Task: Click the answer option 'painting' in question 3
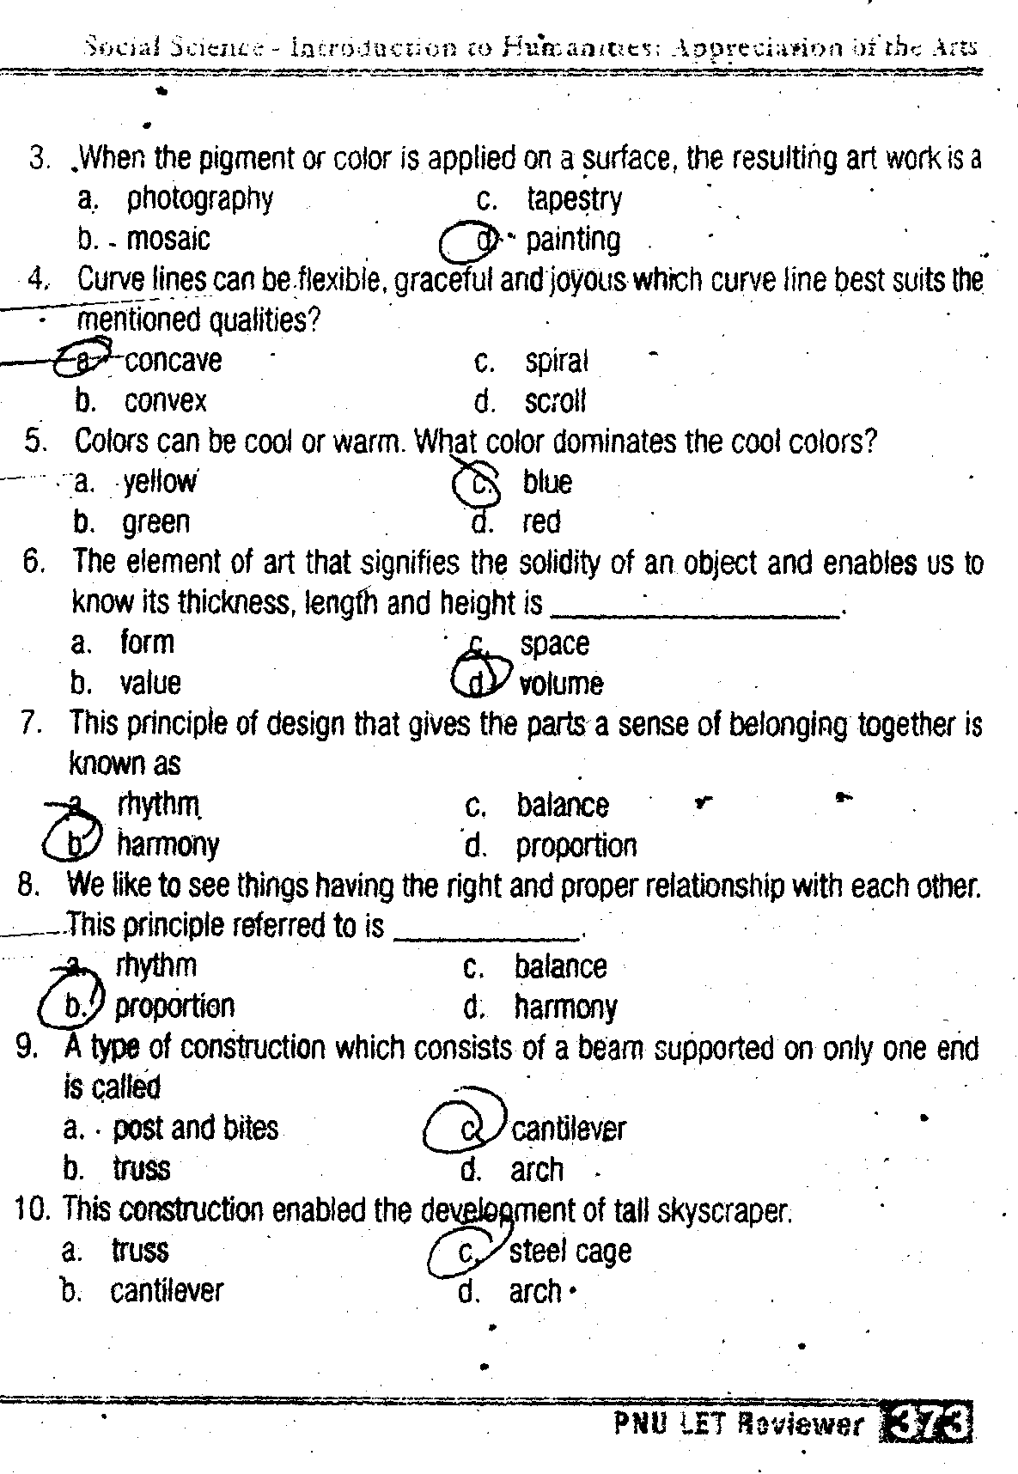pos(573,240)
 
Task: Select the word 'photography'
pos(200,199)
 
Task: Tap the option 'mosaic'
pos(168,239)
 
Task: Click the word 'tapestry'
pos(575,199)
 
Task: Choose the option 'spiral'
pos(557,362)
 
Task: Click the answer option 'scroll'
pos(555,401)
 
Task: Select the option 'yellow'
pos(160,482)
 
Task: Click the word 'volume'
pos(562,684)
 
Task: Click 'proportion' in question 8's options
pos(174,1006)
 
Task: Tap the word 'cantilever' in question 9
pos(569,1129)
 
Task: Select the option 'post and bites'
pos(196,1128)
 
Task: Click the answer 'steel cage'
pos(570,1252)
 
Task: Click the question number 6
pos(34,562)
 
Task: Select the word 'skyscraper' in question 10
pos(722,1211)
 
